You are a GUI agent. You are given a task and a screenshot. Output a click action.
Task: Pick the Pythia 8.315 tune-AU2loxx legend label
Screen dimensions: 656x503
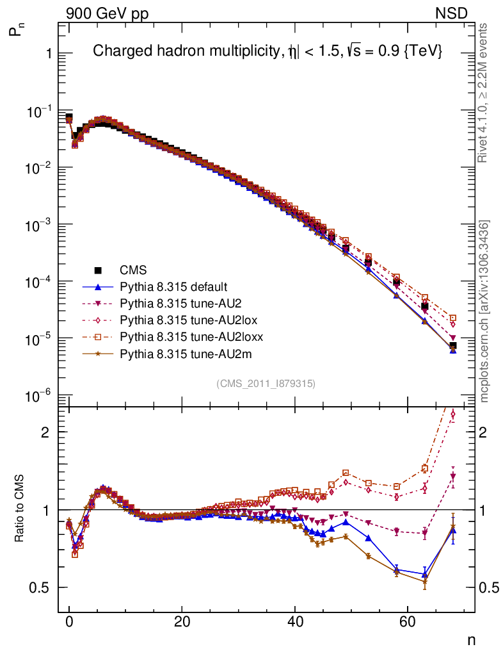pos(191,336)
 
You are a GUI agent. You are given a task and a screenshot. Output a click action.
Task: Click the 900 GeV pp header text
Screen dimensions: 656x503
pos(106,13)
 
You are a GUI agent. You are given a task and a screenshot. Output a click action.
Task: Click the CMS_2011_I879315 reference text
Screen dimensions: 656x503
pos(266,384)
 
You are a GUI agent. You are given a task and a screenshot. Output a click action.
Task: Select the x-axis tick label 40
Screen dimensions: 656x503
pos(294,622)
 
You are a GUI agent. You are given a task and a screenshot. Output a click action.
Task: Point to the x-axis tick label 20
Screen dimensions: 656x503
pos(182,622)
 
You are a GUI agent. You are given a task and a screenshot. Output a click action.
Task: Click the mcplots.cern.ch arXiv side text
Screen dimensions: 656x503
pos(485,312)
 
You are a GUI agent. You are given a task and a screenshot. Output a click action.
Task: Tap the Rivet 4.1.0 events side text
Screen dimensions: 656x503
pos(484,93)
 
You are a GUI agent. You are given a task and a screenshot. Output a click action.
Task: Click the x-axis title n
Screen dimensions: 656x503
pos(471,639)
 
